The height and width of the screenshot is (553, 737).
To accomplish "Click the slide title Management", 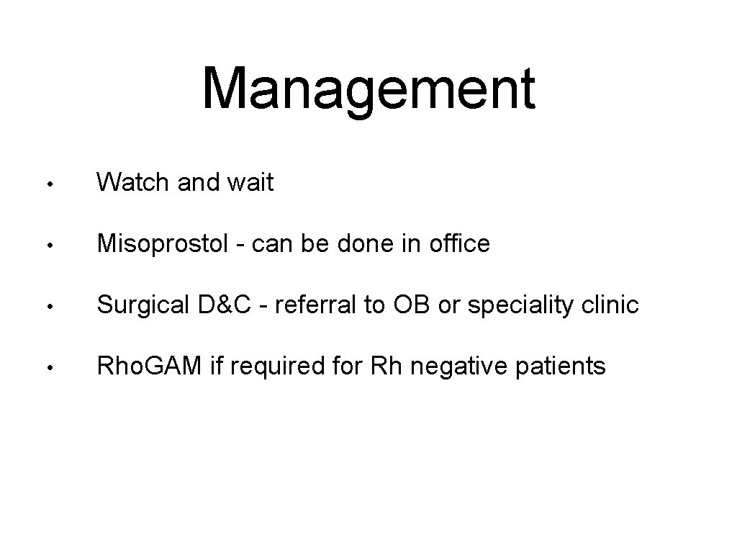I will tap(368, 90).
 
